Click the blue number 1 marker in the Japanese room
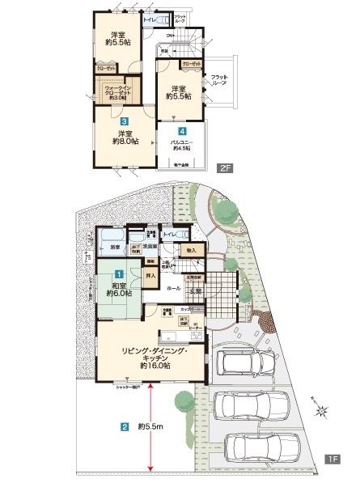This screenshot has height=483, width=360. (x=118, y=275)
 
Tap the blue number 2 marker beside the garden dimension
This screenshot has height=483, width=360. (x=124, y=426)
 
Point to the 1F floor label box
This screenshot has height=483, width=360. (x=332, y=459)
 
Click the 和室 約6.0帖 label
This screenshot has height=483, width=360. (x=117, y=289)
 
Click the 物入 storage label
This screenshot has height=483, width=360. (x=190, y=251)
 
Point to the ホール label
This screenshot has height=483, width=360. (x=173, y=287)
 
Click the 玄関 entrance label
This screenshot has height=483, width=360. (x=196, y=293)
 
